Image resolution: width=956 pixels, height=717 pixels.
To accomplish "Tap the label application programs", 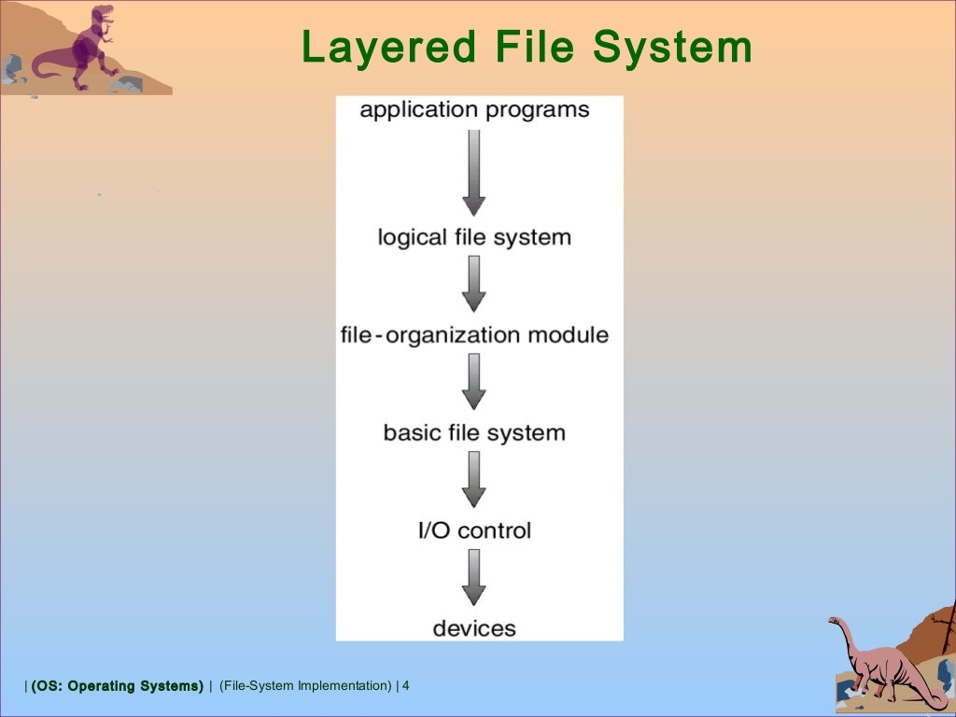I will pos(474,110).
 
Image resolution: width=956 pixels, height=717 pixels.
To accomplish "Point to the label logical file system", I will pos(474,237).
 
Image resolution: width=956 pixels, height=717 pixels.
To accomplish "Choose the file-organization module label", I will pos(474,334).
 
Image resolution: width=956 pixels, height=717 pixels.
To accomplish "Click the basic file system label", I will pos(474,432).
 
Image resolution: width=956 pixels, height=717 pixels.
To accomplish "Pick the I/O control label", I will pos(474,530).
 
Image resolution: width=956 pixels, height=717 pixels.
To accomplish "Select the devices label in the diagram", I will pos(474,627).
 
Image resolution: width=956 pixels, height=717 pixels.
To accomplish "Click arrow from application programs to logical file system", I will pos(474,172).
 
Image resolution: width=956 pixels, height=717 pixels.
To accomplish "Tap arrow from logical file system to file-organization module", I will pos(474,284).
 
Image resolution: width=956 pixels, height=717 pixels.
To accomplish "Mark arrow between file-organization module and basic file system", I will pos(474,382).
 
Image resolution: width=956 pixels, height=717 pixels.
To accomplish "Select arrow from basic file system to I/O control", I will pos(474,480).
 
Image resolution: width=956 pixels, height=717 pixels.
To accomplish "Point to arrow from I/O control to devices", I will pos(474,578).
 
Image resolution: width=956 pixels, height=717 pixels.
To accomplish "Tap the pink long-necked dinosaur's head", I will pos(836,623).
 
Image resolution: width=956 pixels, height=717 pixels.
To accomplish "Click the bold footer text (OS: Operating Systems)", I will pos(118,686).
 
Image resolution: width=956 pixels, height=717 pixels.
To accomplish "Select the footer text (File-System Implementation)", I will pos(306,686).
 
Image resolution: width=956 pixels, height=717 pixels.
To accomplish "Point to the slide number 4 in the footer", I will pos(405,686).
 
